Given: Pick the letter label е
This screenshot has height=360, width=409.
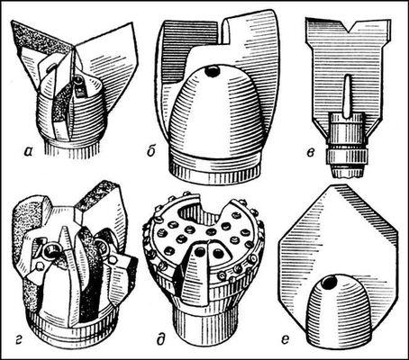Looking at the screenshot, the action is [286, 339].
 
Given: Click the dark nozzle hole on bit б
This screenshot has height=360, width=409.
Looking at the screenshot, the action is [213, 72].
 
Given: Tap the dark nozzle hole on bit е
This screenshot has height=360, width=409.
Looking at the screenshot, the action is [329, 283].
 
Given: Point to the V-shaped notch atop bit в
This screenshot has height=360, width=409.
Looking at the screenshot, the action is [350, 26].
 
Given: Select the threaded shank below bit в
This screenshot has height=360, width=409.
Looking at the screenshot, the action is [347, 144].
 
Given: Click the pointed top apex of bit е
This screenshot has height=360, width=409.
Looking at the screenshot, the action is [334, 184].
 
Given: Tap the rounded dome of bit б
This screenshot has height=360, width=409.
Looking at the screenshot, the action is [216, 114].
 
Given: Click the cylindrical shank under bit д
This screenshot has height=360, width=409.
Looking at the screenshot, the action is [202, 322].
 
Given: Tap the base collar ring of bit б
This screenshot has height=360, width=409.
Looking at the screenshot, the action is [214, 171].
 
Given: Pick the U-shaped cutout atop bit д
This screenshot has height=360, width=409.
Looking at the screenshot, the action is [201, 211].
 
